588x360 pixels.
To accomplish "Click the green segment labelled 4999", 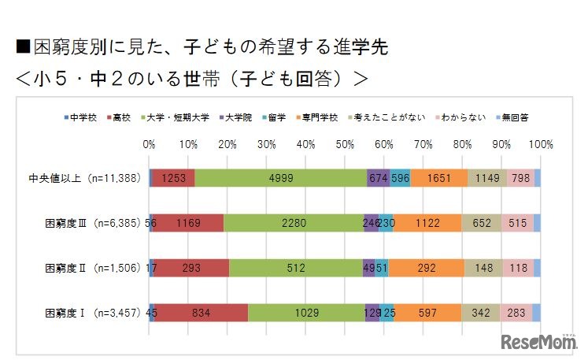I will click(x=281, y=178).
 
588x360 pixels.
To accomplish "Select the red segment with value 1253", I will click(x=173, y=178).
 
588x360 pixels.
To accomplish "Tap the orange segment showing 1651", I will click(x=438, y=178).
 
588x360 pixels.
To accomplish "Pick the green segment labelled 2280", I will click(x=293, y=223).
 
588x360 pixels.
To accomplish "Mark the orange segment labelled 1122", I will click(x=427, y=223).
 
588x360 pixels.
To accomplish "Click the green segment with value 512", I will click(x=295, y=268).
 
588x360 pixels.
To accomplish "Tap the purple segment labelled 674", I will click(x=378, y=178).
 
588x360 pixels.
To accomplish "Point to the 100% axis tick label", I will click(x=540, y=145).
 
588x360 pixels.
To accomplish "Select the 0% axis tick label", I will click(x=149, y=145).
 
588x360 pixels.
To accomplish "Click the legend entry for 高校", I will click(x=117, y=117).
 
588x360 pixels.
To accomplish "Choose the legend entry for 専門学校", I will click(x=323, y=117).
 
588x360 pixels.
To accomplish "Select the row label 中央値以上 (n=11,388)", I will click(x=84, y=178).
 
